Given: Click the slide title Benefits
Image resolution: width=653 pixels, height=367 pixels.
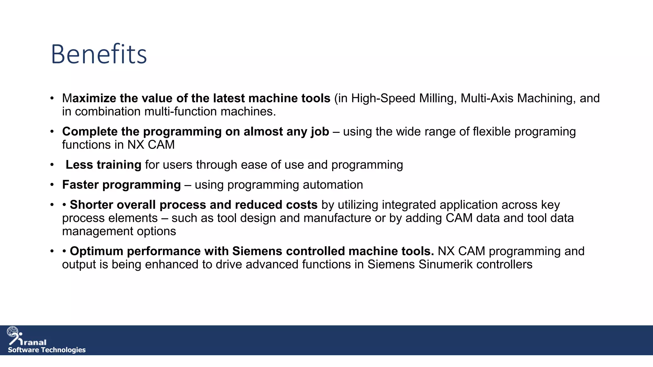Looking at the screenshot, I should click(x=99, y=54).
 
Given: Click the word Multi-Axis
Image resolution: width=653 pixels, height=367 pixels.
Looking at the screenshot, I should click(x=487, y=98).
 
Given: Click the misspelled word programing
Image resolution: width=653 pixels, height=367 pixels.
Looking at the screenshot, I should click(x=545, y=132).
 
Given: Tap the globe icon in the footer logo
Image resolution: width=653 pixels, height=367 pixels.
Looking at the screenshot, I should click(x=13, y=332).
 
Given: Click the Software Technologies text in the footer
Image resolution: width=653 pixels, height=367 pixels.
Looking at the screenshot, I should click(x=47, y=350).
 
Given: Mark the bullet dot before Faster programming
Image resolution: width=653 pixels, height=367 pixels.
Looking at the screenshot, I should click(x=52, y=185).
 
